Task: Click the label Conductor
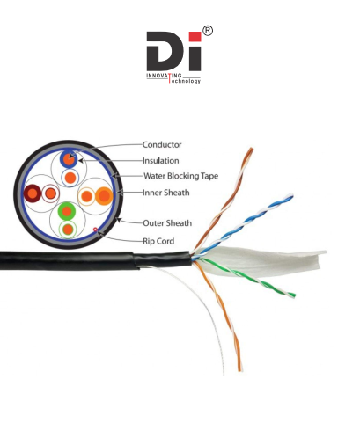coord(162,144)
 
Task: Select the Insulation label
coord(160,161)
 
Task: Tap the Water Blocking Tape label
coord(180,176)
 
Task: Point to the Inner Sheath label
coord(166,193)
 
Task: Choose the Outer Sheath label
coord(167,223)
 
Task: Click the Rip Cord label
coord(158,241)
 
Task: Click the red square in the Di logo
coord(195,37)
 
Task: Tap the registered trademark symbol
coord(208,31)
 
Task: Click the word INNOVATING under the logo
coord(164,76)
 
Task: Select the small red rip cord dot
coord(95,230)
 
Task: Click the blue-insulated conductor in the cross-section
coord(69,159)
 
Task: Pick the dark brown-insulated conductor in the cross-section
coord(33,193)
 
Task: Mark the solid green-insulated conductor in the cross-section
coord(67,211)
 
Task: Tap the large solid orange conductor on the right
coord(104,196)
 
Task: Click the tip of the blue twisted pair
coord(291,195)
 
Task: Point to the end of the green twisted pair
coord(293,295)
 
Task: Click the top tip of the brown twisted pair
coord(251,150)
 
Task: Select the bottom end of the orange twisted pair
coord(240,370)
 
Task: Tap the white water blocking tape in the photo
coord(264,259)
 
